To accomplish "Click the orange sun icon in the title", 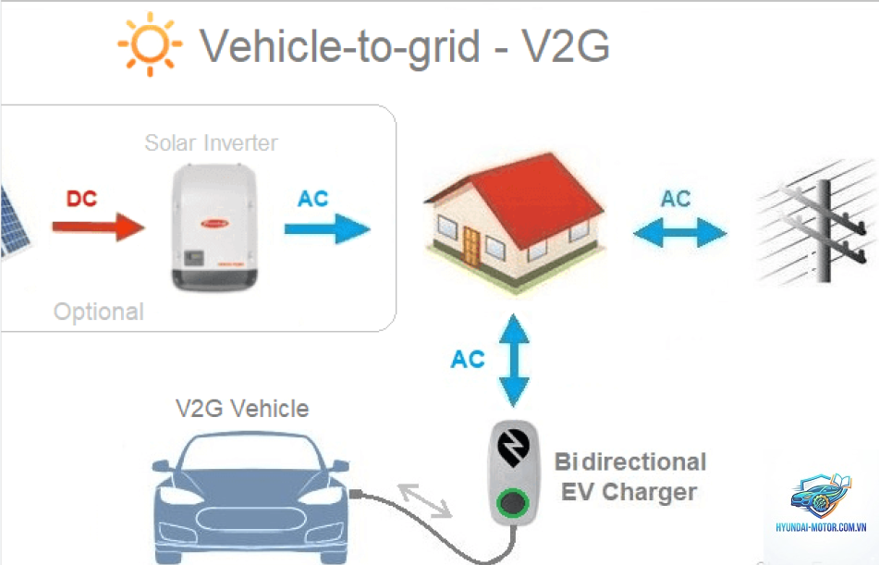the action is click(150, 43).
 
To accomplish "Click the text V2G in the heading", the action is click(566, 46).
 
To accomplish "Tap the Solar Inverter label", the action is click(211, 143).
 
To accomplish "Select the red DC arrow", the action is click(99, 227).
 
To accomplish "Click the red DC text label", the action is click(82, 199).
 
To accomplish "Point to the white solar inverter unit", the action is click(214, 227).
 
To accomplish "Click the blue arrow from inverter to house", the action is click(327, 229).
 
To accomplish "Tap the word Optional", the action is click(99, 312).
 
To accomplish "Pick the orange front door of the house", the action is click(470, 248).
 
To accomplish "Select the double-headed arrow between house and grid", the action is click(680, 232).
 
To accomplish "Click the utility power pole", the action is click(823, 230).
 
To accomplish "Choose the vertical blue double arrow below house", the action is click(514, 361).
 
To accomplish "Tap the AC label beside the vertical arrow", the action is click(468, 360).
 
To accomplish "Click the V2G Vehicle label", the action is click(242, 409).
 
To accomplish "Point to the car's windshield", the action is click(250, 452).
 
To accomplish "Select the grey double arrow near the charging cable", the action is click(425, 500).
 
